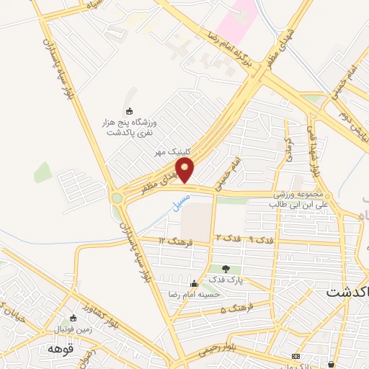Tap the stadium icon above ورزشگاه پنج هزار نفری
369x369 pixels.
[130, 111]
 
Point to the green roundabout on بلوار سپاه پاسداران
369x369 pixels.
[117, 197]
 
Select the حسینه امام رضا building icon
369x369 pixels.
[192, 283]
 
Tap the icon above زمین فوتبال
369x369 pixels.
[73, 319]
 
